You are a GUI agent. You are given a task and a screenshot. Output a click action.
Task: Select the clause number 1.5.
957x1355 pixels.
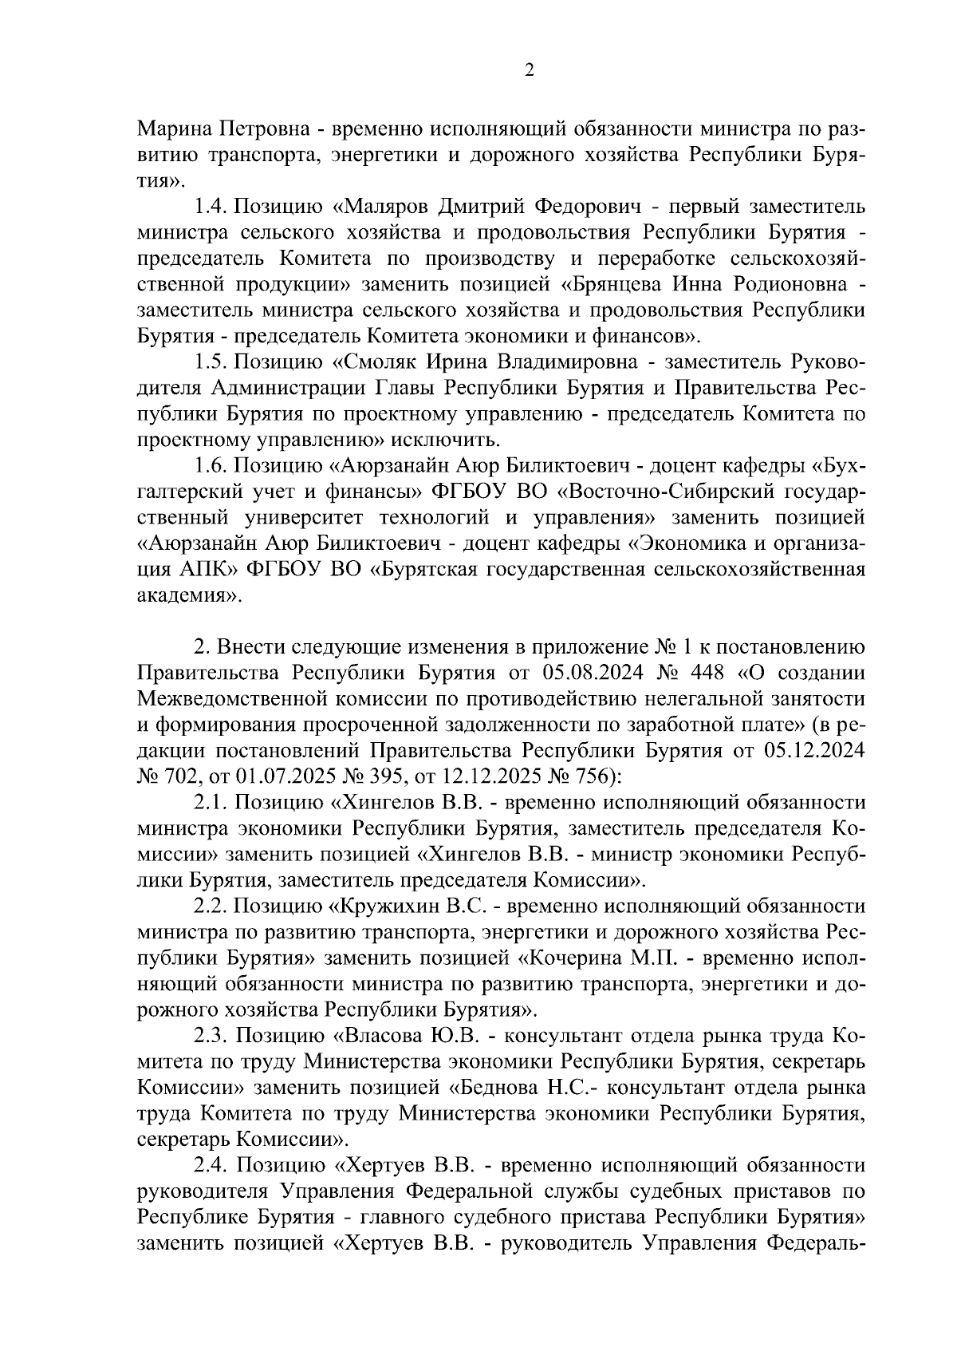coord(211,362)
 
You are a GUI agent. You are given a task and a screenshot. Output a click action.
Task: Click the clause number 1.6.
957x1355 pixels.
coord(211,465)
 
